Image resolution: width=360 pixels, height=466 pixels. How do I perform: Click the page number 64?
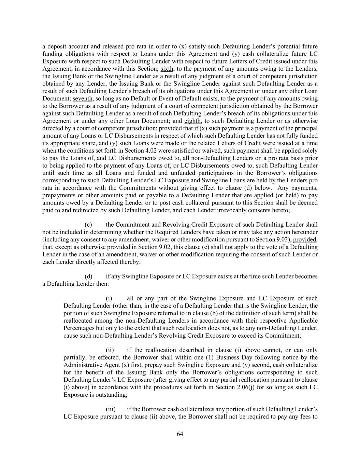pyautogui.click(x=180, y=434)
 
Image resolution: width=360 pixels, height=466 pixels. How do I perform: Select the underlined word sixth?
pyautogui.click(x=167, y=69)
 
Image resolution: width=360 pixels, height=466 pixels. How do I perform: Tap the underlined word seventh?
pyautogui.click(x=83, y=98)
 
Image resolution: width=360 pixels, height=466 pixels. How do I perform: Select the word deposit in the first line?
pyautogui.click(x=57, y=46)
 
